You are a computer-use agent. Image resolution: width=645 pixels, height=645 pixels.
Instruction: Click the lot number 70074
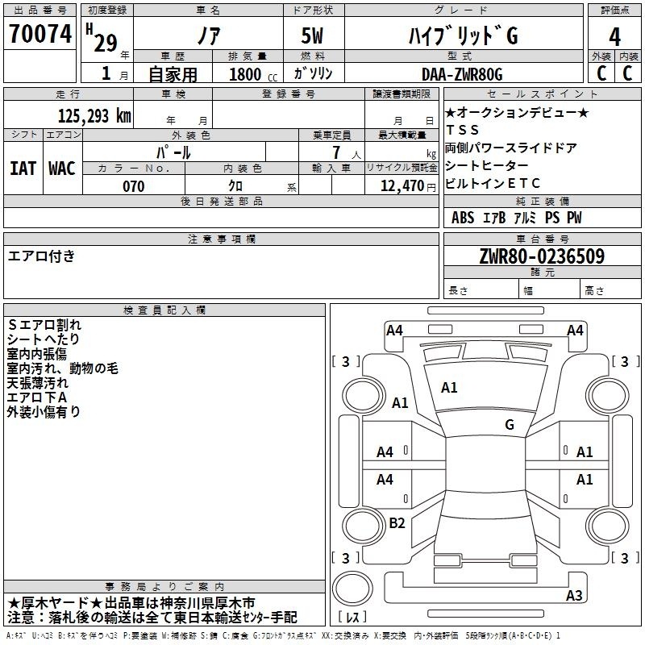40,34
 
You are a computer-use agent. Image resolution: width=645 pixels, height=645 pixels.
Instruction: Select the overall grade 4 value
614,37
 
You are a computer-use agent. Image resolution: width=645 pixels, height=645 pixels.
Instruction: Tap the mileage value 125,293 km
94,116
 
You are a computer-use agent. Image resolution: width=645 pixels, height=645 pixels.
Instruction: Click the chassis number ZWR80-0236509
542,256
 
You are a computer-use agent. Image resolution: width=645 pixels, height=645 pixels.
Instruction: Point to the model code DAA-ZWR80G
462,74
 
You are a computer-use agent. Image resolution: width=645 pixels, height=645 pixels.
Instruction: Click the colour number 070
133,186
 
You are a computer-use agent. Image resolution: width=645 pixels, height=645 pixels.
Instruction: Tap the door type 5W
312,35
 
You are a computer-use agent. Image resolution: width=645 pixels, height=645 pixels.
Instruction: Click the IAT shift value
23,169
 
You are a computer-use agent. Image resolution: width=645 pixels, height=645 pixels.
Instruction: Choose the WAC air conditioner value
62,169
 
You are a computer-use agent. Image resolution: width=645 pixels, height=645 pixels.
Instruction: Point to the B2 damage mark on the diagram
397,522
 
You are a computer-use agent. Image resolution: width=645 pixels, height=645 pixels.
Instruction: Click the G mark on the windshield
510,425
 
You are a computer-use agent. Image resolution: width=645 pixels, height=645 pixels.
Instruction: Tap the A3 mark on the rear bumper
574,595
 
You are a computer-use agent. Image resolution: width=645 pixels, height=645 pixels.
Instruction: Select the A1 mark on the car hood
449,388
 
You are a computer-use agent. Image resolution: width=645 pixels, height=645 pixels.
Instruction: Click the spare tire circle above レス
352,588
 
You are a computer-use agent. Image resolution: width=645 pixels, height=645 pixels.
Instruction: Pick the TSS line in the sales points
462,130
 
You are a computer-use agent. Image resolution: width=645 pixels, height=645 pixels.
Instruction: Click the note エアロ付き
41,256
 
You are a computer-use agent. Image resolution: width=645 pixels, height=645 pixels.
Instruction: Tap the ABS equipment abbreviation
463,218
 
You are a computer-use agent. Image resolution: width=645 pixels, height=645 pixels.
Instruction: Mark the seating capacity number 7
336,152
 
